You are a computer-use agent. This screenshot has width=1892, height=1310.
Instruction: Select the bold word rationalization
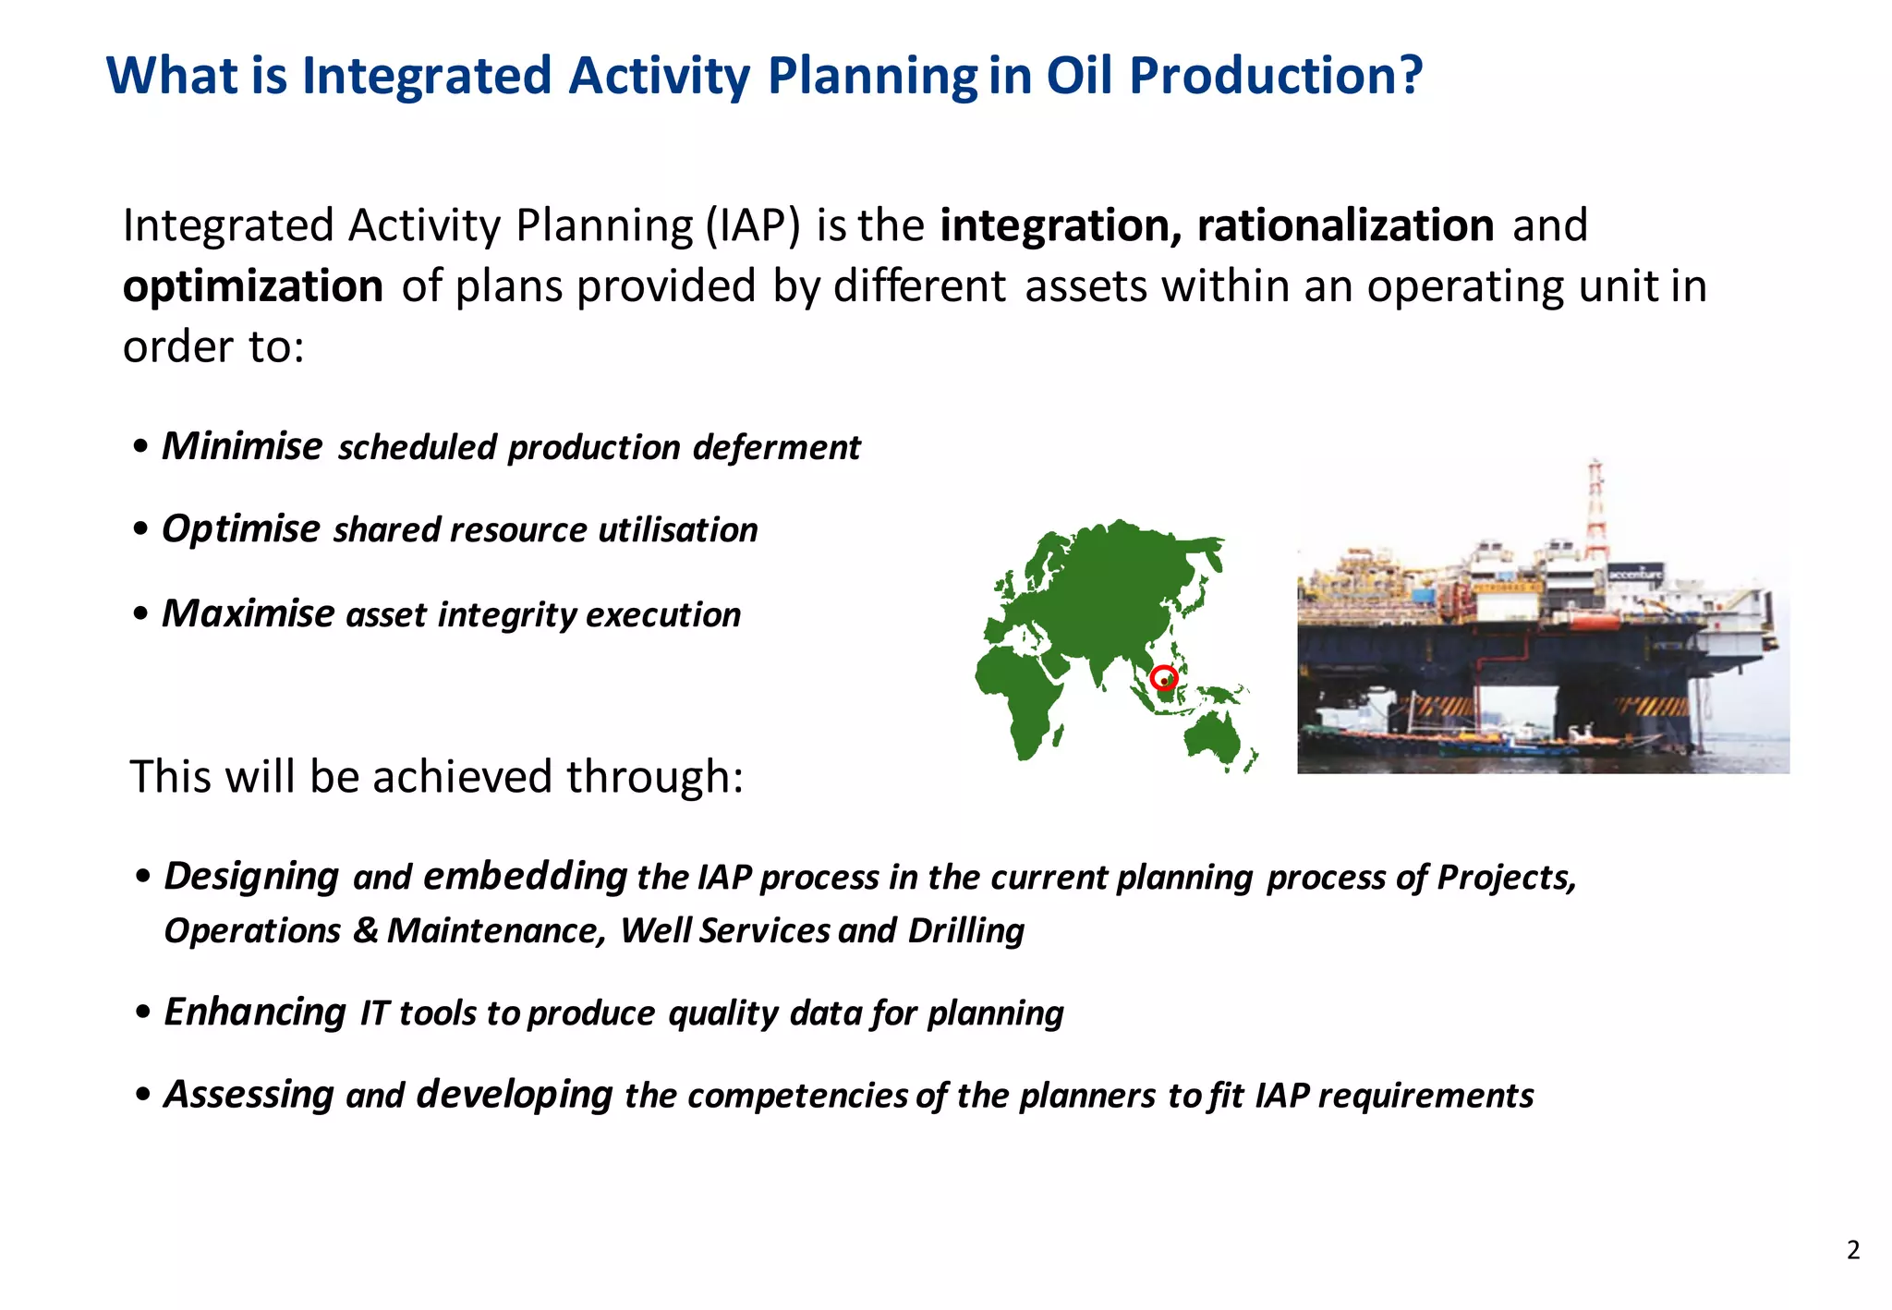(1345, 225)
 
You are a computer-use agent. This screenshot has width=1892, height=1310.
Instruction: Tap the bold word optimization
(253, 286)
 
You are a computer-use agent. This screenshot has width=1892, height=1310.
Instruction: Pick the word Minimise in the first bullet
(242, 446)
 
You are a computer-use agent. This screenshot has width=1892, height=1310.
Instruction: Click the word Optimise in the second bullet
(240, 529)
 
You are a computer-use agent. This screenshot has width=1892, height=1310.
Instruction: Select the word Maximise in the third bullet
(248, 613)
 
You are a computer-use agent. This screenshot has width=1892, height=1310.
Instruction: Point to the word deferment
(776, 447)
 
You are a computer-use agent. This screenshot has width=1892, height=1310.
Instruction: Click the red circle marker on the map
(1164, 678)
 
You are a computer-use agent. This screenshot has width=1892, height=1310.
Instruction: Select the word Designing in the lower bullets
(251, 876)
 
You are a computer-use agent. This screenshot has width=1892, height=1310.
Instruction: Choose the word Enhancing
(255, 1013)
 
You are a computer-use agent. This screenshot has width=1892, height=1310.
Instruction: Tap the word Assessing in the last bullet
(249, 1095)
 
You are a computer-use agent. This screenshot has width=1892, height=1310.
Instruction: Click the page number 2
(1853, 1250)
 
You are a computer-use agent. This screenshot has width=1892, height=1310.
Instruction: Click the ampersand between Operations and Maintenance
(365, 930)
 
